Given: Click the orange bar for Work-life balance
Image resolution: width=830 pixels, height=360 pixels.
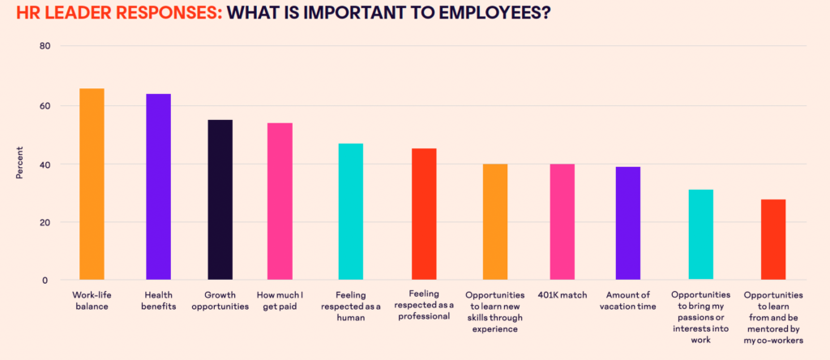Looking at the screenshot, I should coord(92,184).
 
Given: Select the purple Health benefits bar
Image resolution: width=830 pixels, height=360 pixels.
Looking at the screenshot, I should coord(158,187).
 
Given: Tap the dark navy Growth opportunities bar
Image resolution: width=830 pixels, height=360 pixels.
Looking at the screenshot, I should coord(220,200).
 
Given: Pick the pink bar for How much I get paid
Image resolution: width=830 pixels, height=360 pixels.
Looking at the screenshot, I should coord(280,202).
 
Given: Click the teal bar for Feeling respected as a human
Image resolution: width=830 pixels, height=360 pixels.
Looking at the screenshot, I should coord(350,212).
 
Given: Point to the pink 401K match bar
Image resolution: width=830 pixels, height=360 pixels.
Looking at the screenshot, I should coord(562,222).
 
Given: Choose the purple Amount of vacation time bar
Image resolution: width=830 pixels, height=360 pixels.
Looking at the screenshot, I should coord(627,224).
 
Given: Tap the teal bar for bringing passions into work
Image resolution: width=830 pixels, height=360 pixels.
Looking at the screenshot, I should coord(701,235).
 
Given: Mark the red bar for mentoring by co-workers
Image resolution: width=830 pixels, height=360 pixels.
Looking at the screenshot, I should coord(772,240).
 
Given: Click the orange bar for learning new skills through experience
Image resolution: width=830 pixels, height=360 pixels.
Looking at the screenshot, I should coord(495,222).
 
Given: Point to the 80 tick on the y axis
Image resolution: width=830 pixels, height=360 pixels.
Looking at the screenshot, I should coord(45,46).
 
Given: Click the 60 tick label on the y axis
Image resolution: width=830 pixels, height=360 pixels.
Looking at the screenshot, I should coord(45,105).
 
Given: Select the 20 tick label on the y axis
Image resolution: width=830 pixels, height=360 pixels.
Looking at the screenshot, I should coord(45,222).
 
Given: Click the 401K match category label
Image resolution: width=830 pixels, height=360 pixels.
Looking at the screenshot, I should coord(562,296).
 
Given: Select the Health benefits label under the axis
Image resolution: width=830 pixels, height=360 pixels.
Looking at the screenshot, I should coord(158,301).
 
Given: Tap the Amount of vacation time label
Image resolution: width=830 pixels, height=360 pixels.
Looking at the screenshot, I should coord(628,301).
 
